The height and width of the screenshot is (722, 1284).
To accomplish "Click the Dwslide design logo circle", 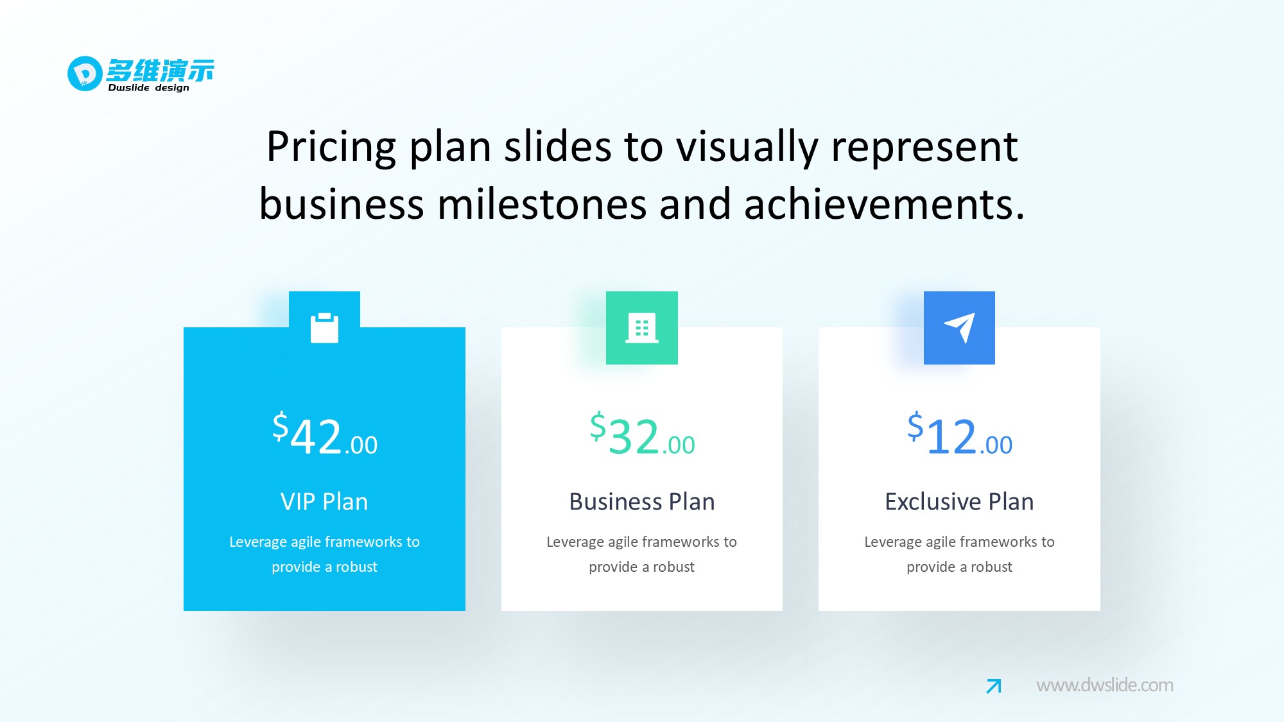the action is [85, 74].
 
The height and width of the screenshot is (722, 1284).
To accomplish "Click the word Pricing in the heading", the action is [331, 148].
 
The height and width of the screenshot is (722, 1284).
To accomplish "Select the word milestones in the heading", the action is [551, 204].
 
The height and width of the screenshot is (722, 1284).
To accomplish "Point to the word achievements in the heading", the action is [884, 204].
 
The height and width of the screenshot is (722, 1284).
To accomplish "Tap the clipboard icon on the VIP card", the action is [325, 328].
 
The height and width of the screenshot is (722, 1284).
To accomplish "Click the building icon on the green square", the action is [642, 328].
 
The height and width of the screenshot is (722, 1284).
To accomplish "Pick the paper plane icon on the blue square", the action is [960, 327].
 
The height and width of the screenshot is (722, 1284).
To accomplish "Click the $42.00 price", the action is [325, 434].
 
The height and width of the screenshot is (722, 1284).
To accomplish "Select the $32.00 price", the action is [642, 434].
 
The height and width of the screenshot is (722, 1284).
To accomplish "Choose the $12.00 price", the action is [960, 434].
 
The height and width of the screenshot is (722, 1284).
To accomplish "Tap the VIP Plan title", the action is [324, 501].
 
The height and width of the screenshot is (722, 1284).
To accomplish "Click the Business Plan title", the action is [642, 501].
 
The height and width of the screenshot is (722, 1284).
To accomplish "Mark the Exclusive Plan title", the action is [959, 501].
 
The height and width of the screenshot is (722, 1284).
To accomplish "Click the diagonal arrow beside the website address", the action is [994, 686].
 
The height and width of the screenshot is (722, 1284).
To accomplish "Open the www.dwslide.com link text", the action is [1105, 685].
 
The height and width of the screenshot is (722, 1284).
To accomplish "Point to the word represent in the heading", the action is [924, 148].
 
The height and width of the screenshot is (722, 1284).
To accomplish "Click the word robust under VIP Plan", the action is [356, 567].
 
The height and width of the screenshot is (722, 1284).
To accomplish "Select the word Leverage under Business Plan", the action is [575, 542].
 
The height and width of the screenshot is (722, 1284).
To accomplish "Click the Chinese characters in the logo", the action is [160, 70].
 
